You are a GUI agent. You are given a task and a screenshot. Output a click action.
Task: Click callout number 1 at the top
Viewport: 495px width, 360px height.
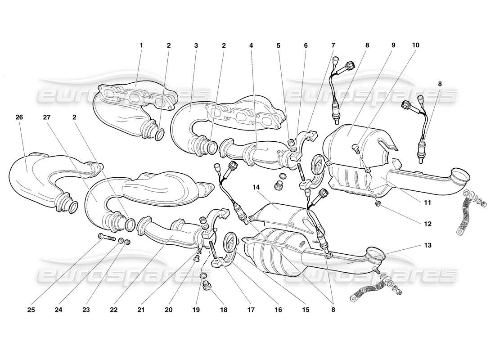click(141, 45)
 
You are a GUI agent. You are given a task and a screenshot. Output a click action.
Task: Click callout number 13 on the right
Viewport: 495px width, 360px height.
click(427, 245)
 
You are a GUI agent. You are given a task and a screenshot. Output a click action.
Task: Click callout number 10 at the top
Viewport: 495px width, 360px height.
click(415, 45)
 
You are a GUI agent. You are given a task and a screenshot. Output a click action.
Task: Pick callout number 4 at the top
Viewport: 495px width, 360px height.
click(251, 45)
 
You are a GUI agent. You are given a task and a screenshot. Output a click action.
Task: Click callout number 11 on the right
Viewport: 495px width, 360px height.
click(427, 203)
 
